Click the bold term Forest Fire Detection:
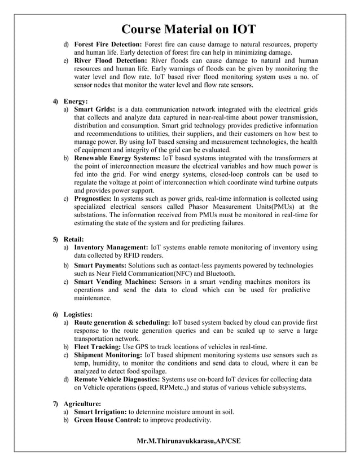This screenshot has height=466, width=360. click(108, 44)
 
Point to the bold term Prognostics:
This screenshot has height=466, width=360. click(93, 199)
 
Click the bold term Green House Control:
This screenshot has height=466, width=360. click(107, 421)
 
